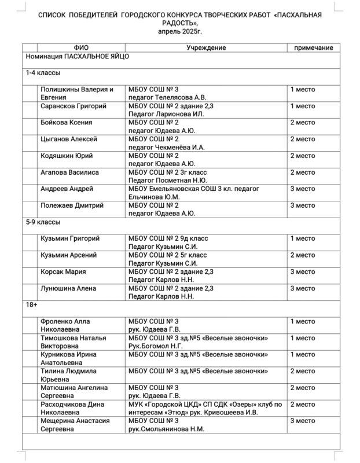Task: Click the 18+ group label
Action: tap(32, 304)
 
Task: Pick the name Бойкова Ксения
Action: tap(67, 123)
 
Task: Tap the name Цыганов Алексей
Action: tap(68, 139)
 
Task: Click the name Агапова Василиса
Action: tap(69, 172)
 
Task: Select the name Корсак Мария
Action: tap(63, 271)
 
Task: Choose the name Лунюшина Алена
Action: tap(68, 288)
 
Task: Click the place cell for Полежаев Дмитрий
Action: tap(302, 205)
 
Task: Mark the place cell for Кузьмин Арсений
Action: tap(302, 255)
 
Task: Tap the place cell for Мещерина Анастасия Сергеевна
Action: tap(302, 421)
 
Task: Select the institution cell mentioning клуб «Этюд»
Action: tap(205, 408)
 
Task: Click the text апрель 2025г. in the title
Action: tap(180, 29)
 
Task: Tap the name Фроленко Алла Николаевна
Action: tap(65, 325)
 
